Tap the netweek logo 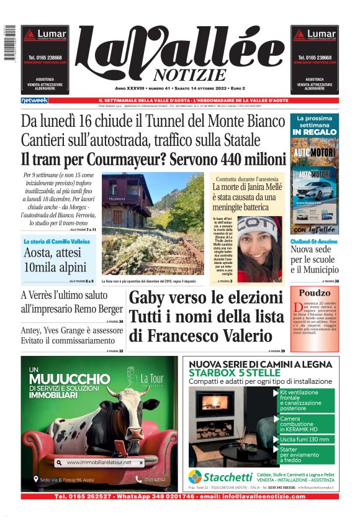34,100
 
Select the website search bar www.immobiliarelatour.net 99,463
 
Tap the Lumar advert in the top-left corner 45,58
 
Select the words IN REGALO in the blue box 315,132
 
